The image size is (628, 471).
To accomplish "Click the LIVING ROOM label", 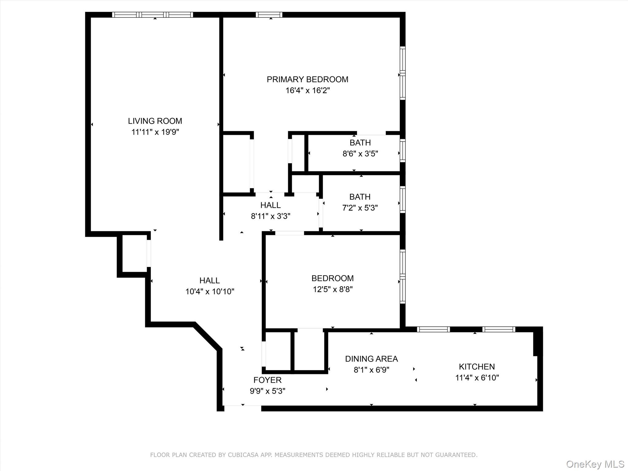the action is pos(155,121).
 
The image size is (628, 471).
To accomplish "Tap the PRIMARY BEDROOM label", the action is pos(308,79).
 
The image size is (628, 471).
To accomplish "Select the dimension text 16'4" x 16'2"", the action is pos(308,90).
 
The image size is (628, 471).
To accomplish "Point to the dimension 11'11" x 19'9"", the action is pos(155,132).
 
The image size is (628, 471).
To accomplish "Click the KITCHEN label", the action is pos(477,366).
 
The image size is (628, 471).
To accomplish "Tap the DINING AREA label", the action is pos(371,359).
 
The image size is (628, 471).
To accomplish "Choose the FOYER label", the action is pos(267,380).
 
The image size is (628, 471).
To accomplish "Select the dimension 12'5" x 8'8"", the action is pos(333,289).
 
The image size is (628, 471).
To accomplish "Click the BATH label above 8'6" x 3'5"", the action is pos(360,143).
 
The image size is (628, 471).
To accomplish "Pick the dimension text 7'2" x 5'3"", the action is pos(360,208).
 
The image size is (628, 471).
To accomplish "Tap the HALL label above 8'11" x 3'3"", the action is pos(270,205).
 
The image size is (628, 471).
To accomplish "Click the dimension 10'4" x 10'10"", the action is pos(210,291).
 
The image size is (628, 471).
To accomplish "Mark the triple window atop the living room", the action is pos(152,15).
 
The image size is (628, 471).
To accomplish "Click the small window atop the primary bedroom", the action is pos(269,15).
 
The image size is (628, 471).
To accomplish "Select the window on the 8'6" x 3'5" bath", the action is pos(403,151).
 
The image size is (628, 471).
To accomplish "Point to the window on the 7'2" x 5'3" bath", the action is pos(403,199).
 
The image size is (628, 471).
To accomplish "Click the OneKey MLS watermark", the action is pos(595,464).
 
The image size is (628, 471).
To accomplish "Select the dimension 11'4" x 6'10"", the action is pos(477,377).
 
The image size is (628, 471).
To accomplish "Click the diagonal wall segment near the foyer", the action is pos(207,336).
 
